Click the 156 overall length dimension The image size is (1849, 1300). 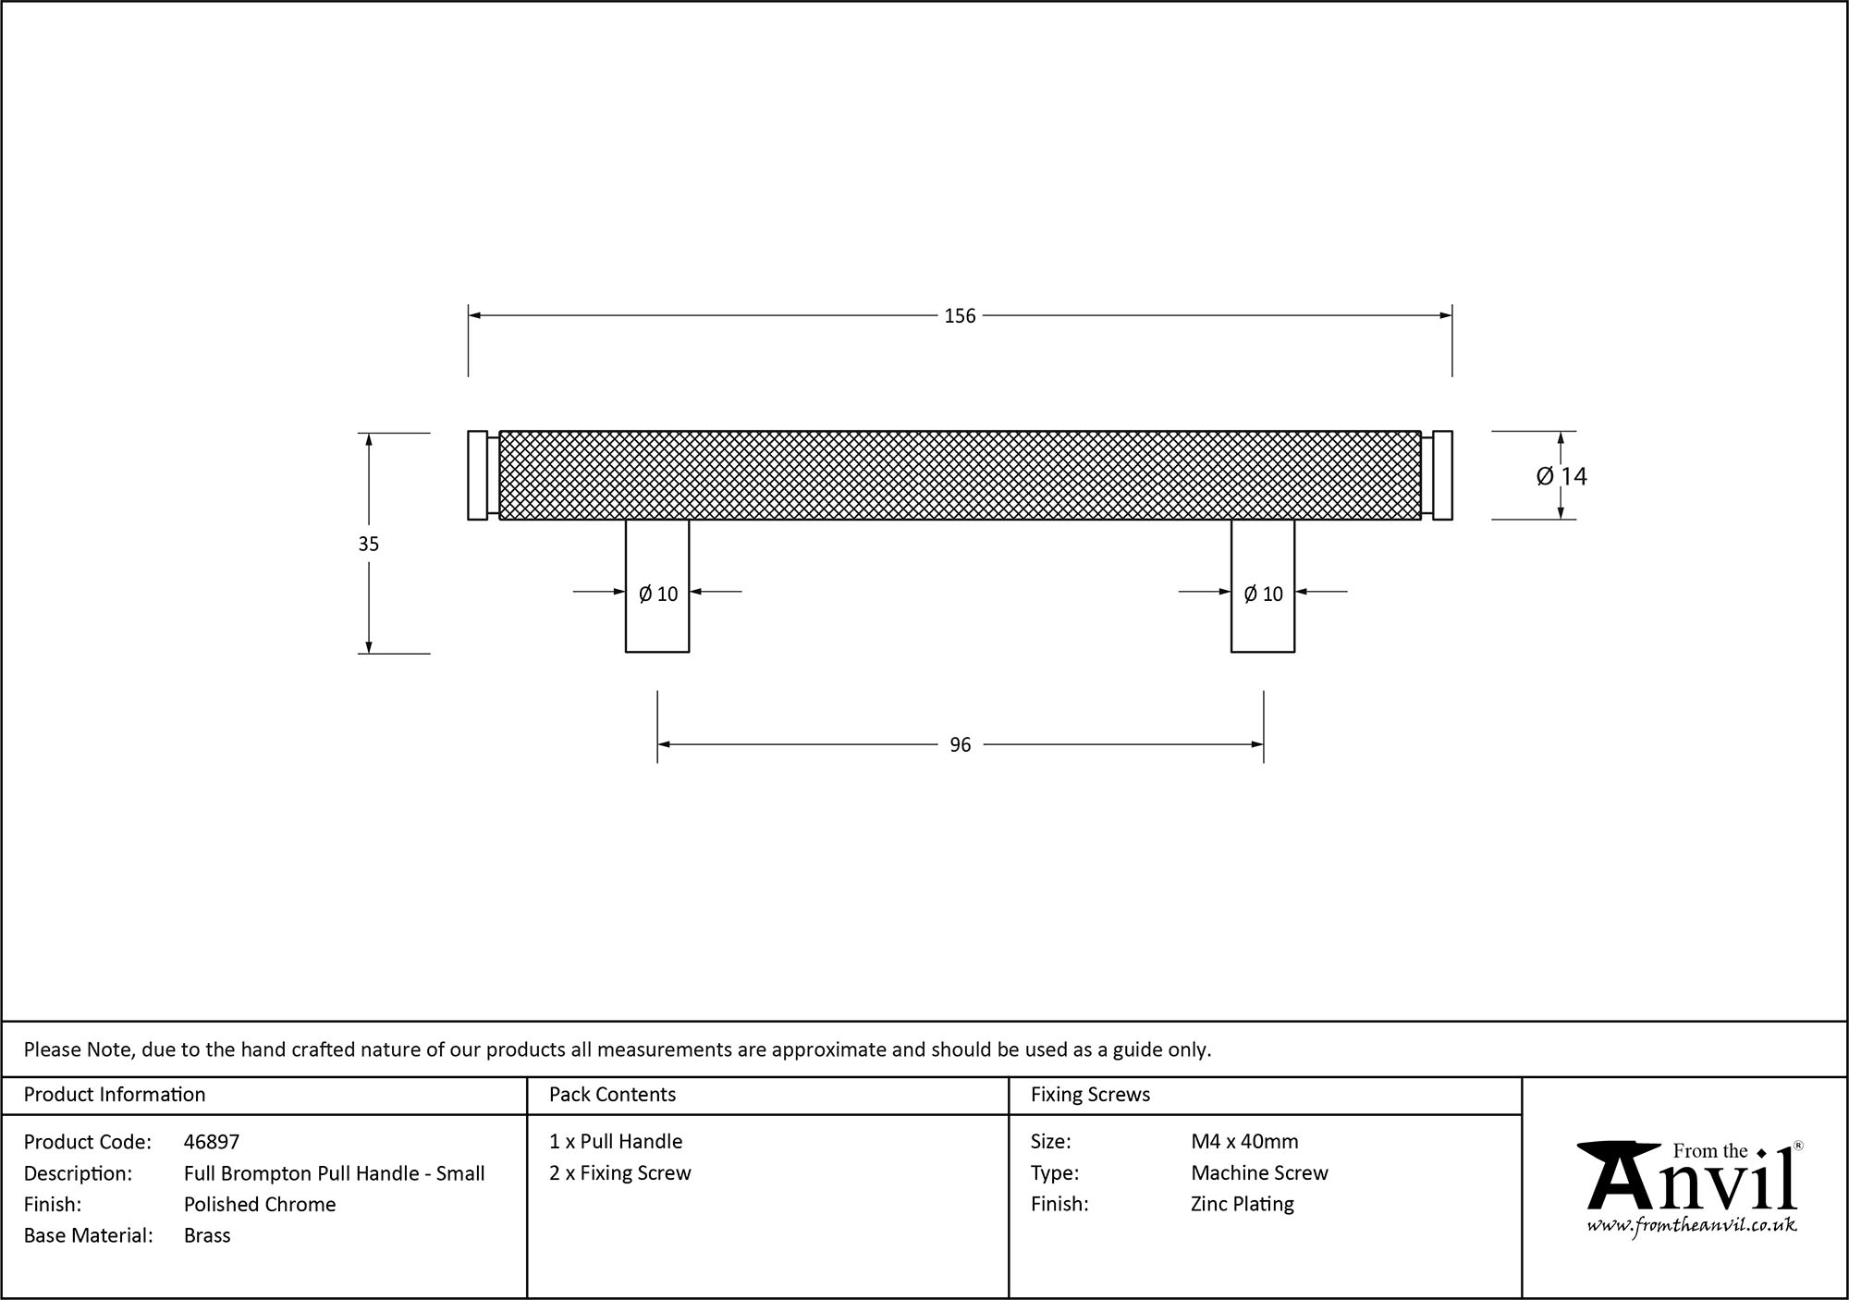tap(960, 316)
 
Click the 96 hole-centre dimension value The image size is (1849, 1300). tap(960, 745)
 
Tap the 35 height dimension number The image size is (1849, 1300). tap(369, 545)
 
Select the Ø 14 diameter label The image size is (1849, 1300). tap(1561, 476)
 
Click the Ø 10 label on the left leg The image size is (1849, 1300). tap(658, 595)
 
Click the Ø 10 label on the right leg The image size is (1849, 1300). tap(1264, 595)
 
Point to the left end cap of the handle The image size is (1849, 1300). tap(477, 475)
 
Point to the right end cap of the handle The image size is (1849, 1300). tap(1442, 475)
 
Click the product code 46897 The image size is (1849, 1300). tap(212, 1142)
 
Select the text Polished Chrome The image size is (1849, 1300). tap(260, 1204)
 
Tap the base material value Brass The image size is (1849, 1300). tap(207, 1235)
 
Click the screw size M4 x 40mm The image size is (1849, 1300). tap(1244, 1142)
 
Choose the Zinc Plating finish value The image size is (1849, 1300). tap(1243, 1204)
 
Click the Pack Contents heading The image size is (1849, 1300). tap(612, 1095)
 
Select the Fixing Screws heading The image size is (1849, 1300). tap(1090, 1095)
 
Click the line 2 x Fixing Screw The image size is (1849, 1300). tap(620, 1173)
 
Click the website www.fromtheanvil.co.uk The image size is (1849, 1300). tap(1692, 1226)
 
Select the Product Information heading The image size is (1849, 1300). tap(115, 1095)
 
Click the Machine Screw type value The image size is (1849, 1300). tap(1259, 1173)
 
